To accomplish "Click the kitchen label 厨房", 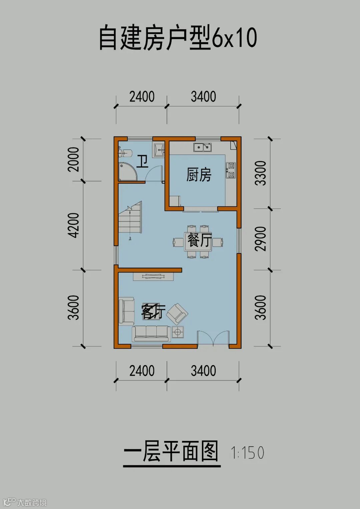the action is (199, 175).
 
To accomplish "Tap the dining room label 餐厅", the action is (199, 240).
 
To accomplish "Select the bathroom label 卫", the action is (142, 161).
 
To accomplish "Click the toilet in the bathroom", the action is (125, 153).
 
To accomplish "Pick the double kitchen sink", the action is (202, 147).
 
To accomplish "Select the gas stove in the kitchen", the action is (231, 170).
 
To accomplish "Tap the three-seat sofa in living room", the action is (151, 333).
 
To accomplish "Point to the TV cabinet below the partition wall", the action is (153, 276).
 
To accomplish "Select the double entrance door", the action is (213, 338).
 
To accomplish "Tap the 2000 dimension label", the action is (74, 159).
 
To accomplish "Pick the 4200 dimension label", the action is (74, 225).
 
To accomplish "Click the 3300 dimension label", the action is (261, 173).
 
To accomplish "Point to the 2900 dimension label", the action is (261, 239).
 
